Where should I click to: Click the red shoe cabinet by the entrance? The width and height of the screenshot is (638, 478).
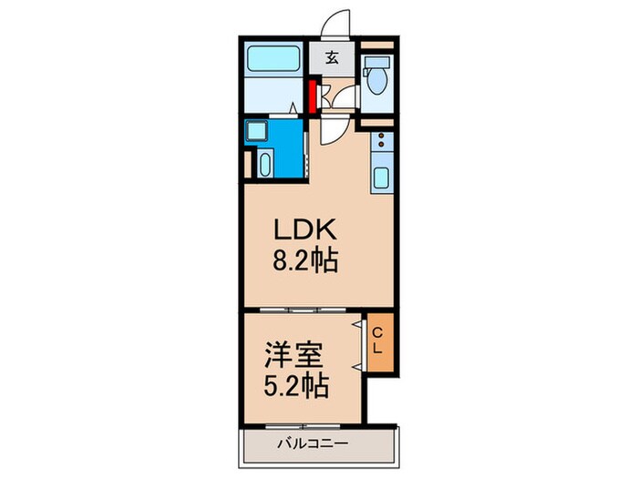312,96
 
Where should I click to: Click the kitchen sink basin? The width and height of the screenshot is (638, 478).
382,177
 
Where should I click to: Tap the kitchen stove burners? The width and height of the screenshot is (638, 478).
382,144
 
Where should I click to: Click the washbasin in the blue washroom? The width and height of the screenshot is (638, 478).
264,165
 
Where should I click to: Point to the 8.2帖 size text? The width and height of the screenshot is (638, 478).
306,261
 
